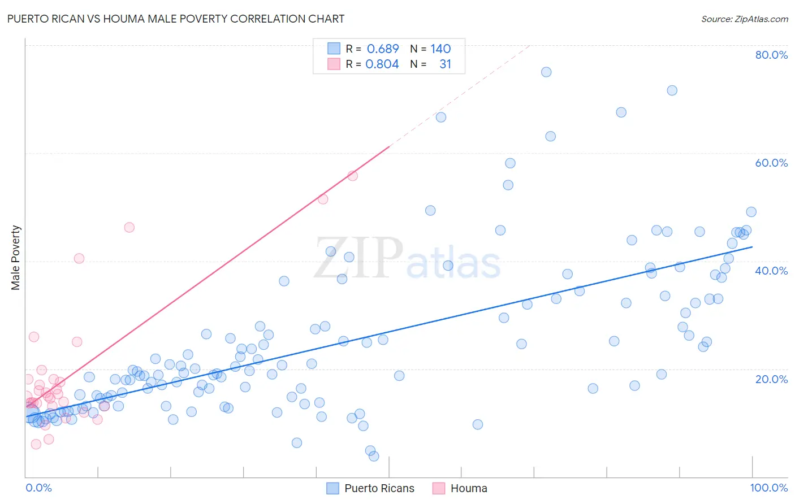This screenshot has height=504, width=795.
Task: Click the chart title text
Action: [x=175, y=19]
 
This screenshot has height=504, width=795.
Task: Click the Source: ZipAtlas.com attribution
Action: [x=744, y=19]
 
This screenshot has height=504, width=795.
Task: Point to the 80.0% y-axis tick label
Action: [x=771, y=55]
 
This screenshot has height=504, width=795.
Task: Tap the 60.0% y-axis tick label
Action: [x=771, y=163]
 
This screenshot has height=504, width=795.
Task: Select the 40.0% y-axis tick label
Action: [x=771, y=271]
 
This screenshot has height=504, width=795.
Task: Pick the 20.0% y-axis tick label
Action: [x=771, y=379]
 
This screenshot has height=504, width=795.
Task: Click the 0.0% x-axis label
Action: [x=38, y=488]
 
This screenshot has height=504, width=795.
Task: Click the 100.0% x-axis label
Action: [x=768, y=488]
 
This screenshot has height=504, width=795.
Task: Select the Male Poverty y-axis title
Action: [x=15, y=258]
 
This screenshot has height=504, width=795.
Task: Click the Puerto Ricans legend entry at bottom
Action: [x=379, y=488]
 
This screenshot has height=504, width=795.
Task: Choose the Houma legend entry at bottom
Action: [x=468, y=488]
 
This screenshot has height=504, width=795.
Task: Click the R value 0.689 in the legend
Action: [x=383, y=49]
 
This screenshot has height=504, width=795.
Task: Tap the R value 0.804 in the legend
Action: [x=382, y=64]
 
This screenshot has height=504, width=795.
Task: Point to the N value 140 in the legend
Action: [x=440, y=49]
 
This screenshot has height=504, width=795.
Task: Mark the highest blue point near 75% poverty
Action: [x=546, y=72]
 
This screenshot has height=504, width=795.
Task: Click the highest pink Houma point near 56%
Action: [x=353, y=176]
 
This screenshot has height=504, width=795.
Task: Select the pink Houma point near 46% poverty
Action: [x=129, y=227]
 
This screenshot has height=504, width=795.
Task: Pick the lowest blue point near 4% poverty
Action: [x=374, y=456]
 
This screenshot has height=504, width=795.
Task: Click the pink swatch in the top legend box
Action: [x=334, y=64]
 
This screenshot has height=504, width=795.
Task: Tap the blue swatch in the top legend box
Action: [x=334, y=49]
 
